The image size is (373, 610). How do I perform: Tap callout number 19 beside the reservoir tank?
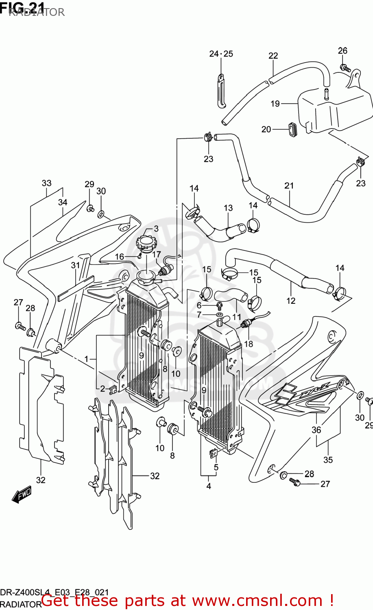[x=275, y=104]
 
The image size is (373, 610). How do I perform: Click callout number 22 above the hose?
[x=273, y=56]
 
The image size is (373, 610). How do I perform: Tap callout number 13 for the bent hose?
[x=228, y=208]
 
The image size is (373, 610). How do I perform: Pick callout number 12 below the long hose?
[x=291, y=301]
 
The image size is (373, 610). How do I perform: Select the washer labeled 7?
[x=219, y=315]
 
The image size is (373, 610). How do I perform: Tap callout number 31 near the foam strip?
[x=76, y=266]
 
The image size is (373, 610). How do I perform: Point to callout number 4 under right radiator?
[x=209, y=486]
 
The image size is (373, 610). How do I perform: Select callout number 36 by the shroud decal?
[x=316, y=430]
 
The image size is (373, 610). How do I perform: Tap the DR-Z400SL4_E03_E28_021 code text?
[x=55, y=592]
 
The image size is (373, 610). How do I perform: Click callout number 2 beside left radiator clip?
[x=103, y=389]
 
